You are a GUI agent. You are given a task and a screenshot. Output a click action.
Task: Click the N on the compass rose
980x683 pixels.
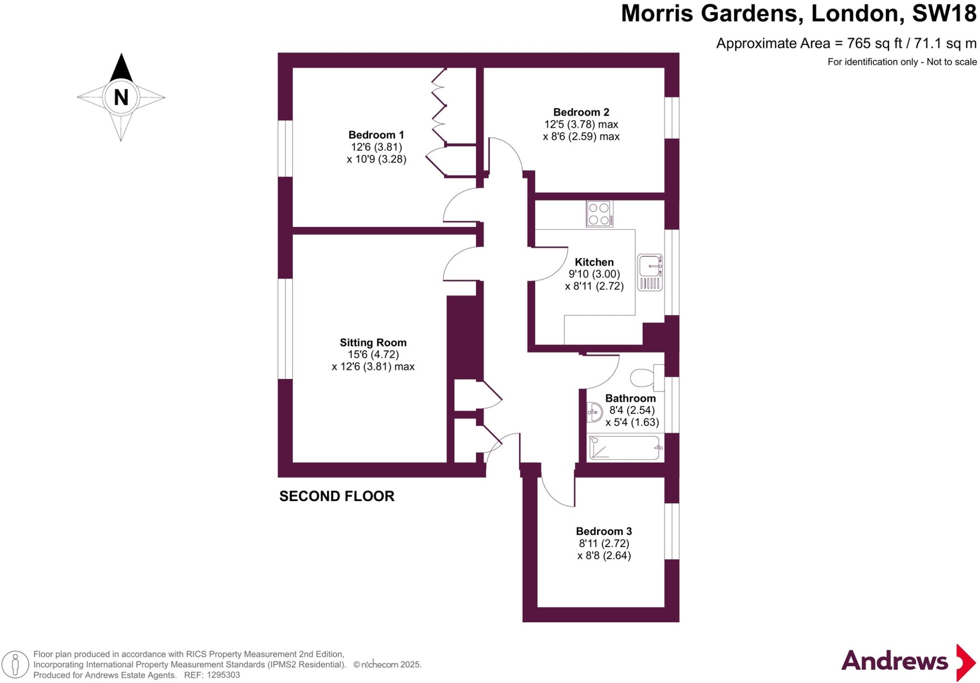coord(121,98)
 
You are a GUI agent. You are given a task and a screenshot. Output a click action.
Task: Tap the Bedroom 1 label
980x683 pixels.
coord(376,135)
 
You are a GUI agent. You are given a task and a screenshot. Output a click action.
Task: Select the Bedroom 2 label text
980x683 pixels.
coord(581,112)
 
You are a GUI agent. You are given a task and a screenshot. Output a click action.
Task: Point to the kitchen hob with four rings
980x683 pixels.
coord(599,213)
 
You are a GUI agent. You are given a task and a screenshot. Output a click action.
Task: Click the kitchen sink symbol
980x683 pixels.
coord(650,272)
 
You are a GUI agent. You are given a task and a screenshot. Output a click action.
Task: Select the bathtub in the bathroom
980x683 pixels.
coord(624,448)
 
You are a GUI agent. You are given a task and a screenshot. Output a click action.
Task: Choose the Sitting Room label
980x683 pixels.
coord(373,343)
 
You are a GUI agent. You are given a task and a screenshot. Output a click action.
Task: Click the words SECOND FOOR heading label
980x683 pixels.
coord(337,496)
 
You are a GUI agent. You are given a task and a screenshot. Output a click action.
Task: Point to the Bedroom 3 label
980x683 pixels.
coord(603,531)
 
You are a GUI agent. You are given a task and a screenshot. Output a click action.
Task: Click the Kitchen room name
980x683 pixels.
coord(594,262)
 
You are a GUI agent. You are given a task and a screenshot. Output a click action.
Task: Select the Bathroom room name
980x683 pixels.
coord(630,398)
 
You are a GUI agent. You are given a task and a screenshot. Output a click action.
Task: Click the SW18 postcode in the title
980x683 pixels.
coord(944,13)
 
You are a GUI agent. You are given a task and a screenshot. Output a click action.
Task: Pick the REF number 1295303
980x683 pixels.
coord(223,675)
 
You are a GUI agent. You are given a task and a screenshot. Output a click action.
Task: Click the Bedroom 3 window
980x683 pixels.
coord(672,531)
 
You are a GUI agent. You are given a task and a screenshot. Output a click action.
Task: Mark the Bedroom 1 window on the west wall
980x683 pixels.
coord(286,148)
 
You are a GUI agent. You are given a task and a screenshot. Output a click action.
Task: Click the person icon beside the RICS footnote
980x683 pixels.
coord(15,665)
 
